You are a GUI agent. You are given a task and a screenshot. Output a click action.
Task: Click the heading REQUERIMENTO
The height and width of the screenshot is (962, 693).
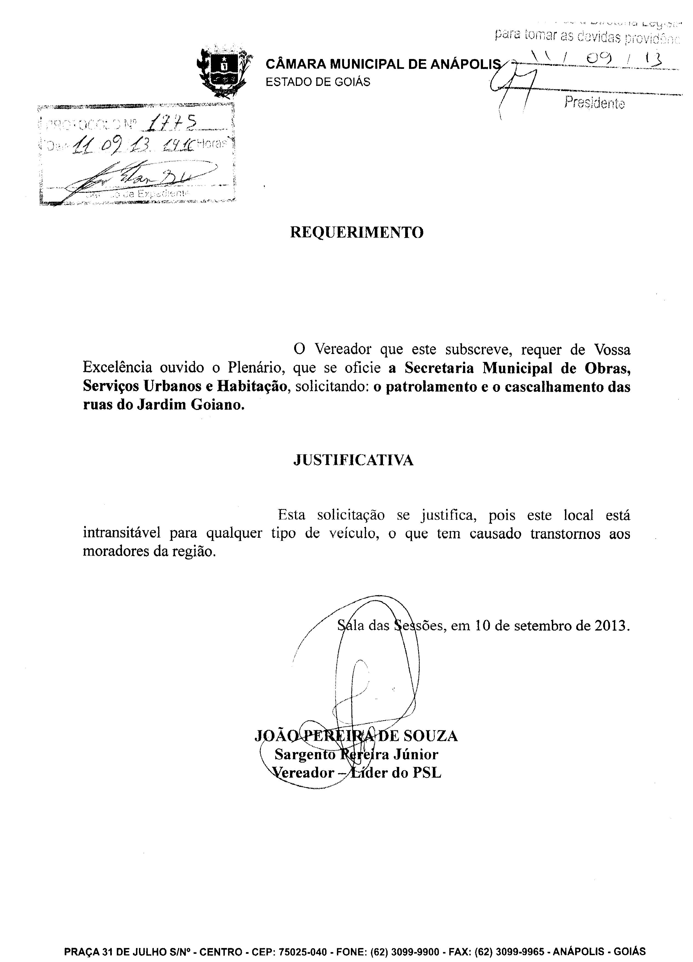(356, 232)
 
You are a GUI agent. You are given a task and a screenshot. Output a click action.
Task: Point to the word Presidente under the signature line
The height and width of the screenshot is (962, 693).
(594, 103)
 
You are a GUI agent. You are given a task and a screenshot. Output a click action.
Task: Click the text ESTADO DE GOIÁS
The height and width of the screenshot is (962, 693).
(318, 82)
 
